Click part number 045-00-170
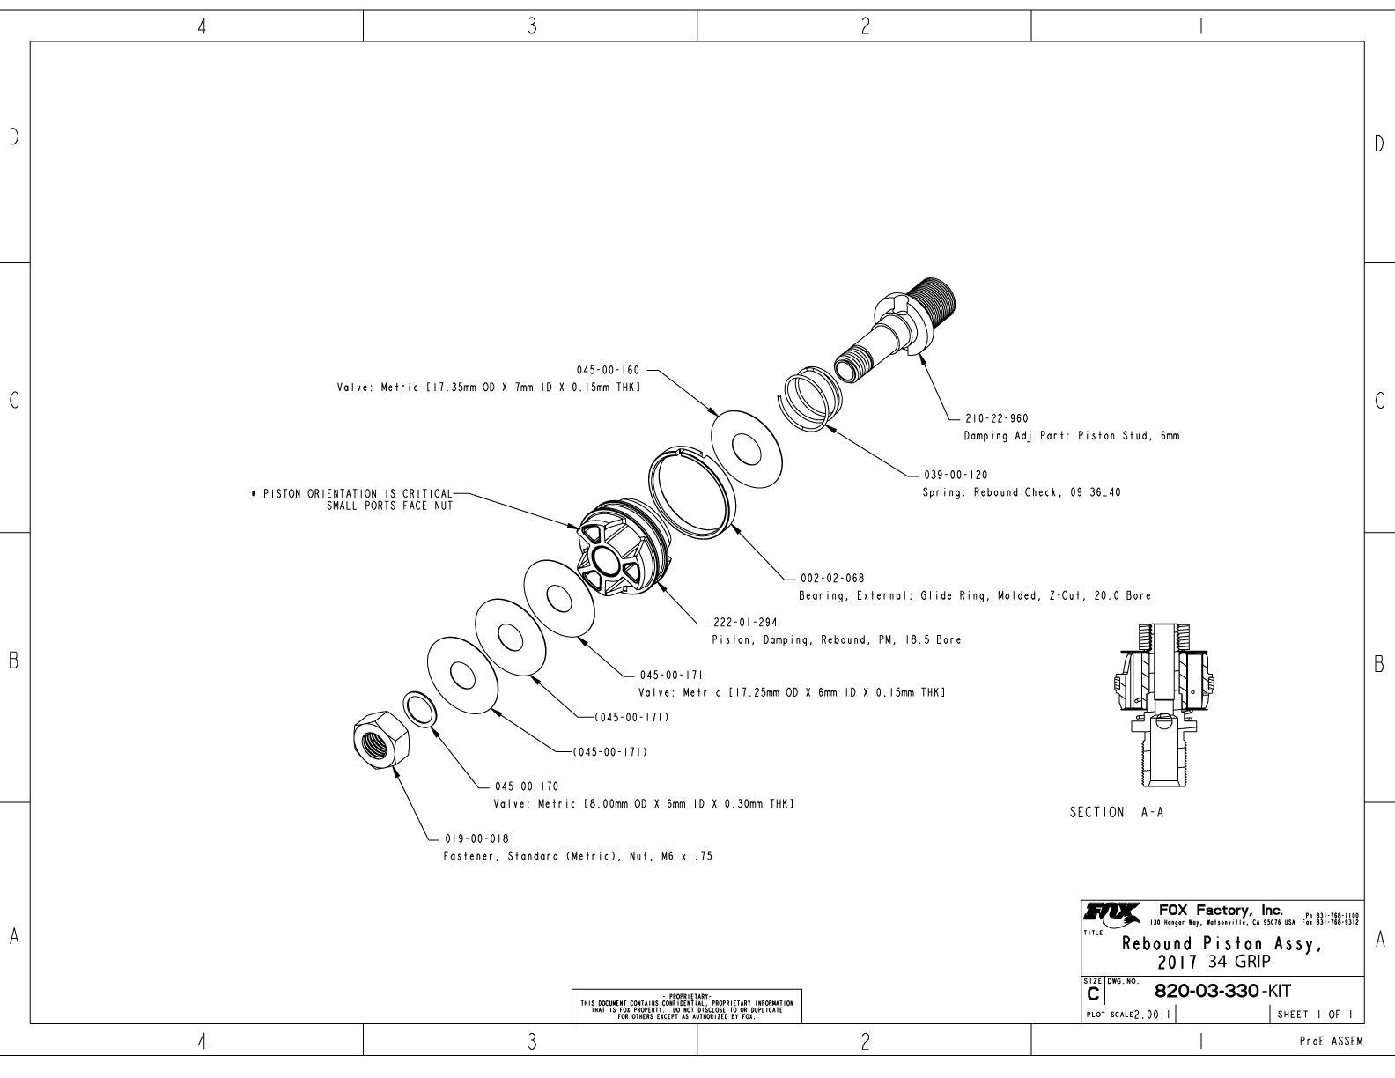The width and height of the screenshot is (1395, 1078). [x=527, y=786]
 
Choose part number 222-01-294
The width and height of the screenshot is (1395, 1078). [x=744, y=623]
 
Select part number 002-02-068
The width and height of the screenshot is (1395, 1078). [x=831, y=579]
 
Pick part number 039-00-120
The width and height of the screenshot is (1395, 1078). [x=956, y=476]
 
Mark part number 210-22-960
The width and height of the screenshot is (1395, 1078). [x=996, y=418]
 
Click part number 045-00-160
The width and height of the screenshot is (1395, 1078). [x=608, y=371]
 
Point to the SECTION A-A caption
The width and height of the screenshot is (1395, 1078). [x=1116, y=813]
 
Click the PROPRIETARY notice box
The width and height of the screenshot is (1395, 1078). [x=687, y=1005]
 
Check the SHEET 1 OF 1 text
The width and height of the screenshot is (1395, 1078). [x=1317, y=1015]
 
